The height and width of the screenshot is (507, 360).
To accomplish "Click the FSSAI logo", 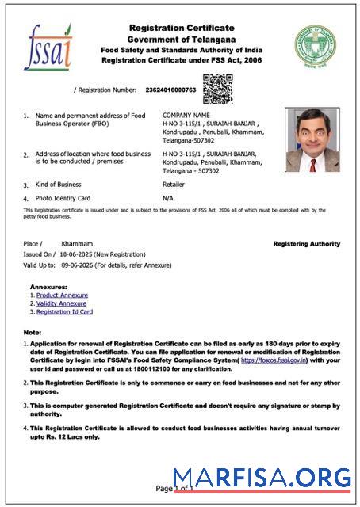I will click(x=48, y=47).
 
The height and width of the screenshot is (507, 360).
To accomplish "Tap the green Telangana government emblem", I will click(x=316, y=47).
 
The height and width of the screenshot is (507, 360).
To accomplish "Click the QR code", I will click(x=217, y=89).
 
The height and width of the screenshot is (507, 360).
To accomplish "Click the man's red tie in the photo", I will click(x=312, y=164).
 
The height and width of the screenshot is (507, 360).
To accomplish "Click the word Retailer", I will click(x=174, y=184).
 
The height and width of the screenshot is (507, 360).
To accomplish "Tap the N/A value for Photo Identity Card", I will click(x=167, y=197).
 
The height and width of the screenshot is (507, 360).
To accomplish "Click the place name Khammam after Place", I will click(x=77, y=243).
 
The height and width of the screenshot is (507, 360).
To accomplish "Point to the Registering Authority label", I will click(x=306, y=244).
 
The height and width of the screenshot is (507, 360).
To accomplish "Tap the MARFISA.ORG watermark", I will click(x=262, y=478).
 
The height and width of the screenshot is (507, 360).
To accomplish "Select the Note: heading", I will click(x=33, y=332).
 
